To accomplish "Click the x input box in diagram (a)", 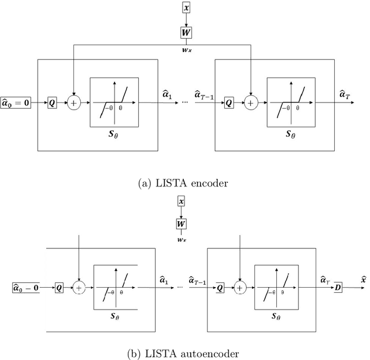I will coord(186,8).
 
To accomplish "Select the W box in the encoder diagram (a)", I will coord(186,32).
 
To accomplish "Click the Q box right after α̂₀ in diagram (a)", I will coord(52,103).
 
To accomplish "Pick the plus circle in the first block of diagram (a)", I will coord(74,103).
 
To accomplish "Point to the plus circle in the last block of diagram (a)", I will coord(250,103).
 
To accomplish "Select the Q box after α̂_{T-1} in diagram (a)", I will coord(228,103).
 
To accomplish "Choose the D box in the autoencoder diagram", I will coord(338,286).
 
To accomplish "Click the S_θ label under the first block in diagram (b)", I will coord(116,318).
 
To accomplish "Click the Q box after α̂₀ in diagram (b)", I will coord(59,286).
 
